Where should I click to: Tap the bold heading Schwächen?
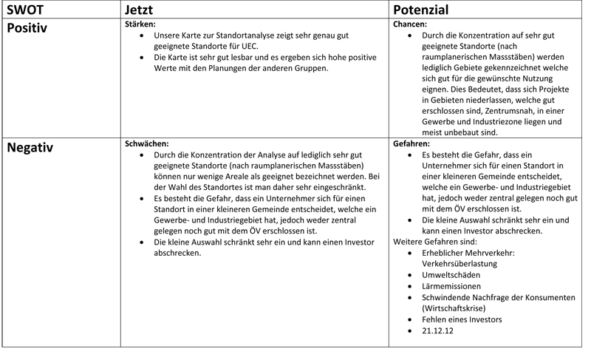pos(148,143)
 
